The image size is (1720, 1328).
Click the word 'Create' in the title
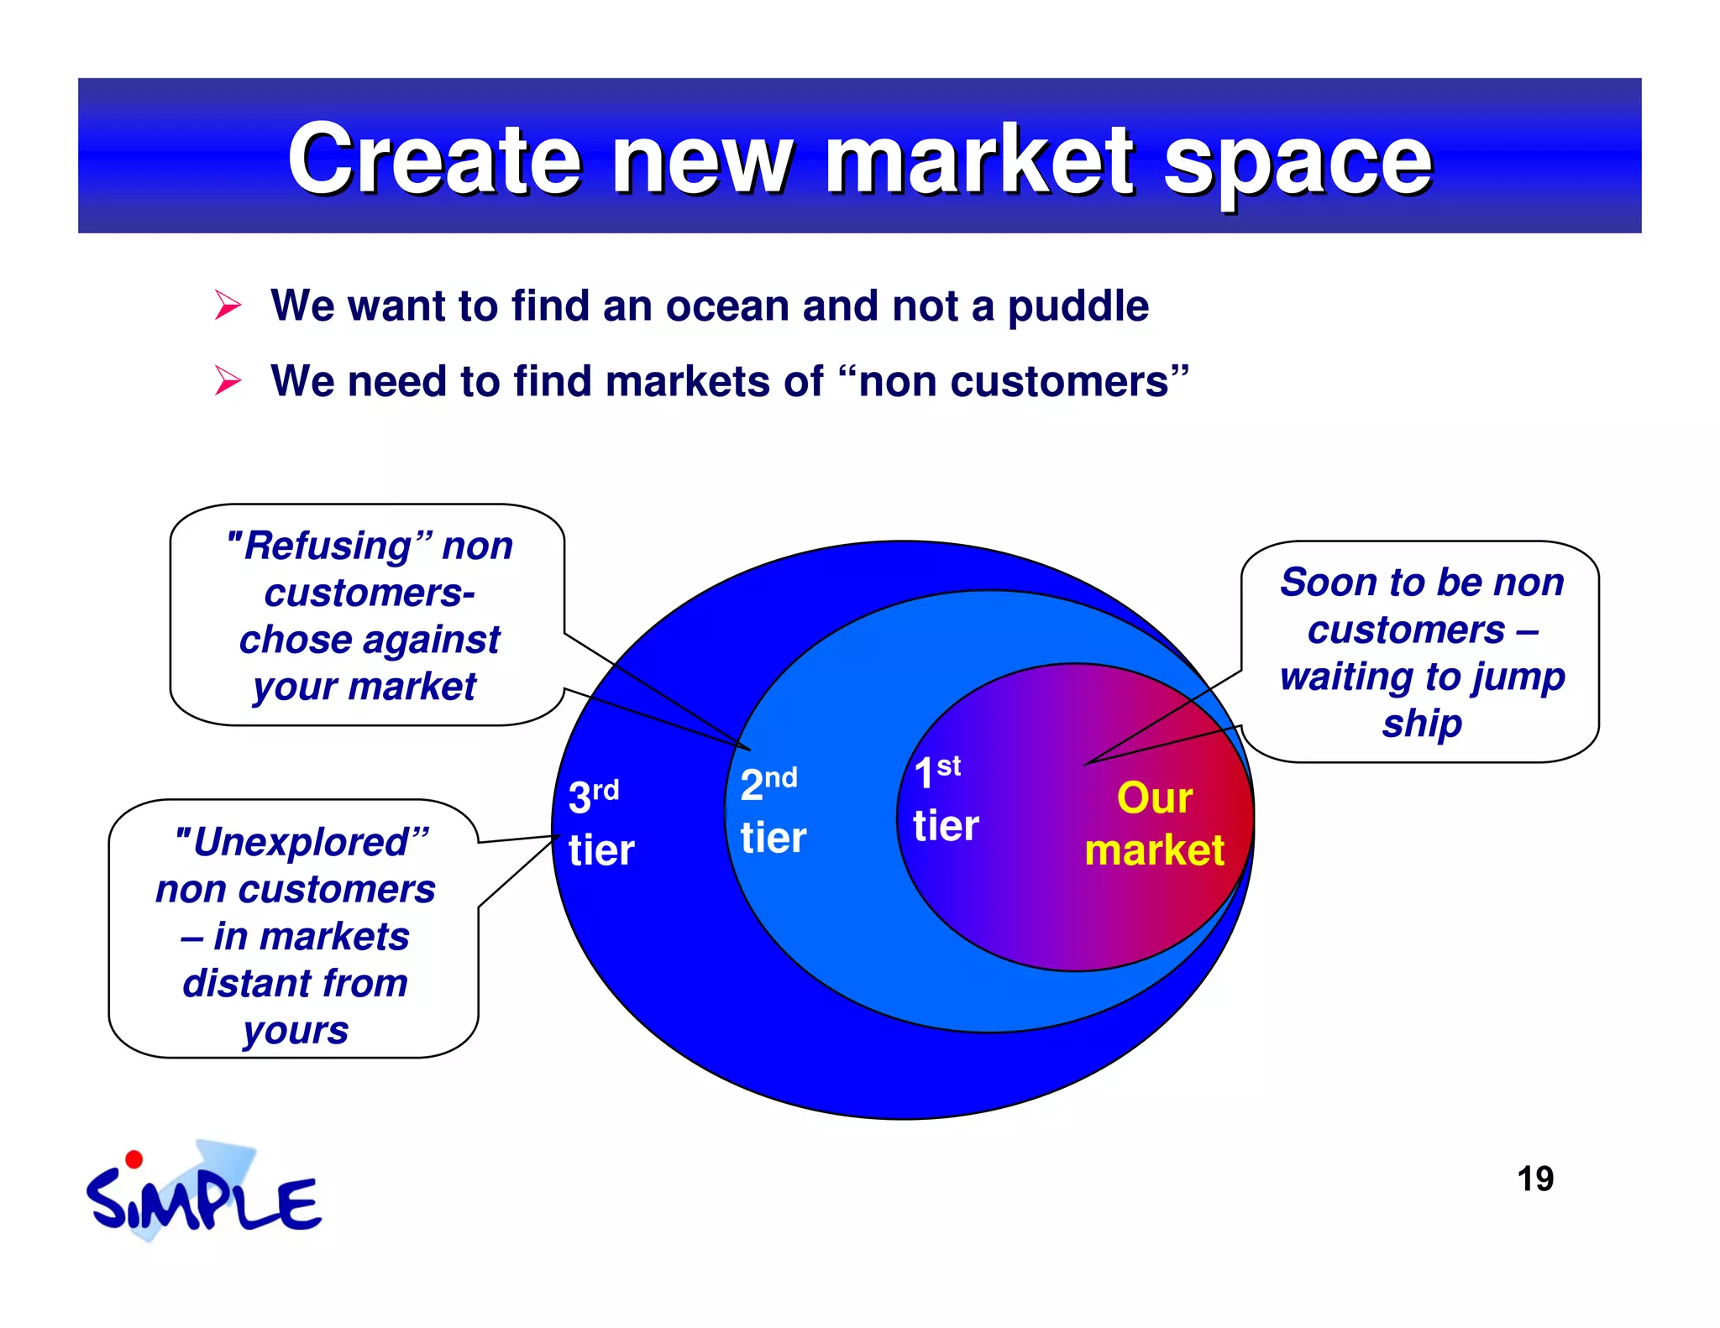coord(434,159)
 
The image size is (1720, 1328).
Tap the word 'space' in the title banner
coord(1298,164)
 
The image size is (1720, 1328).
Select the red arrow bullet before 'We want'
coord(228,305)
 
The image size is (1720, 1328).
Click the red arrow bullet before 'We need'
coord(228,380)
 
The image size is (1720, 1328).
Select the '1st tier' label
coord(945,798)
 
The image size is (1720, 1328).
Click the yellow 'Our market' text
coord(1154,823)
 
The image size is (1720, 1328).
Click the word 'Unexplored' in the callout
coord(302,842)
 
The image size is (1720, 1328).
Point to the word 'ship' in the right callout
coord(1422,723)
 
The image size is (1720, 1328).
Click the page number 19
coord(1534,1179)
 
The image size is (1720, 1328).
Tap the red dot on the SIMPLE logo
coord(134,1160)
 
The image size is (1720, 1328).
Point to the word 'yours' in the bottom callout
coord(296,1030)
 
